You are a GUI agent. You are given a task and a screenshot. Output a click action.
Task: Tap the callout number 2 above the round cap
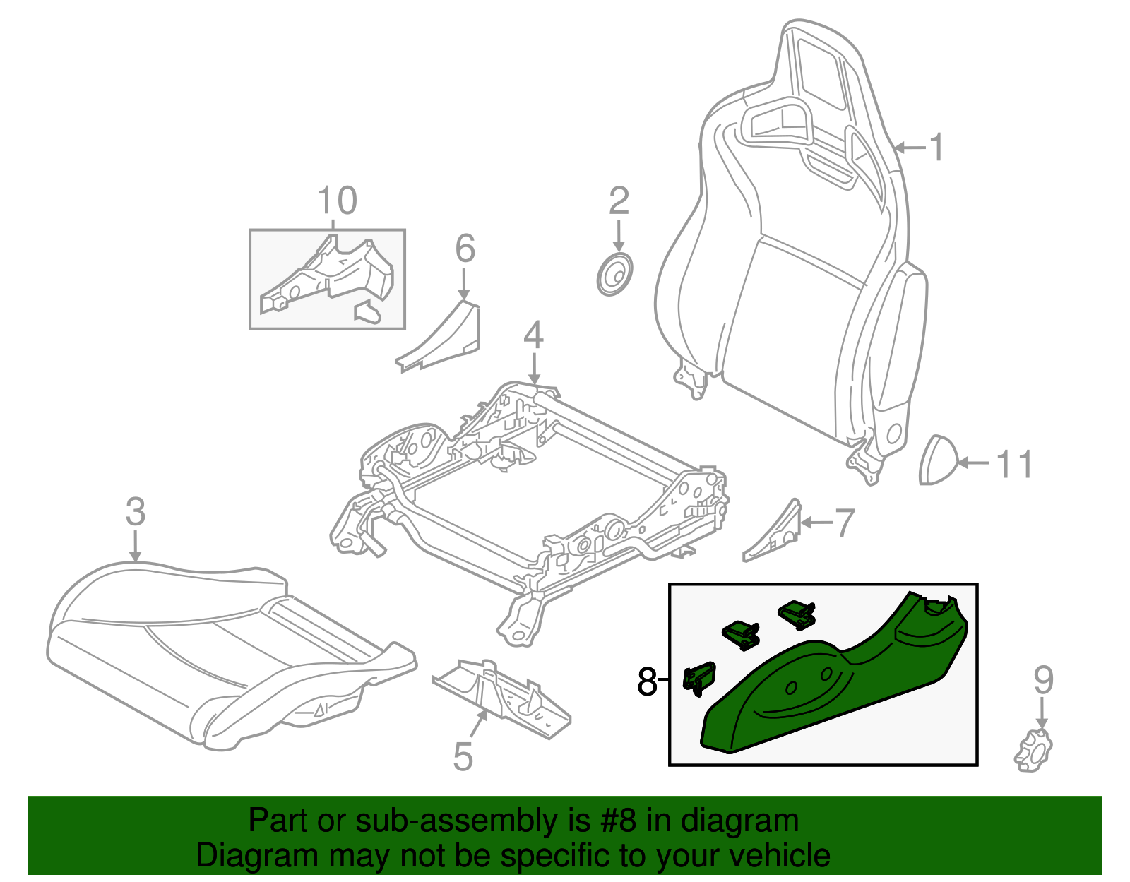pos(619,201)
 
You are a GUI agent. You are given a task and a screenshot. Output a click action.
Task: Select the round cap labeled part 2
pos(614,275)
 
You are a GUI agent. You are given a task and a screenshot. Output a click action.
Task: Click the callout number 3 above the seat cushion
pos(135,512)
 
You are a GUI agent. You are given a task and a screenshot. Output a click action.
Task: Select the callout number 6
pos(465,249)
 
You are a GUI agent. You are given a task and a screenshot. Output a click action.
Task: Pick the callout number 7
pos(845,523)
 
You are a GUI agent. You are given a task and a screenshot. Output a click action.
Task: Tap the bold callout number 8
pos(646,682)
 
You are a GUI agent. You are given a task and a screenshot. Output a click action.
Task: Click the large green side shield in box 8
pos(833,685)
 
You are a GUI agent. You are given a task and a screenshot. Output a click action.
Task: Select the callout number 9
pos(1043,680)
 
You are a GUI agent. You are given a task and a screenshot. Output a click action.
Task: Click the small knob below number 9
pos(1033,751)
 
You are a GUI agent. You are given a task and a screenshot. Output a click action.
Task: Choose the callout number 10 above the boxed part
pos(337,201)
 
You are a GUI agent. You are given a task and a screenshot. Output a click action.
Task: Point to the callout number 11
pos(1014,465)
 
